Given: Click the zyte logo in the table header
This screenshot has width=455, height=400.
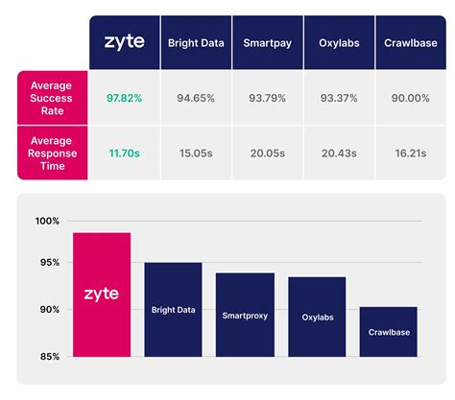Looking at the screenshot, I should pos(126,42).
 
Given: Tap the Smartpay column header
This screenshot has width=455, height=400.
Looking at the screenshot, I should pos(268,43).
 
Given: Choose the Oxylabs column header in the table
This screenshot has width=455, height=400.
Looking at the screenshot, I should pos(339,43).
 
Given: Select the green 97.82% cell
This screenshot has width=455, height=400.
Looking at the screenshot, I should pos(126,98).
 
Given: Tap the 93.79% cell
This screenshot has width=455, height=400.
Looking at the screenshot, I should pos(268,98).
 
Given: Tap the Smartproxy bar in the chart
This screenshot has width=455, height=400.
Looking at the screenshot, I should pos(245,315).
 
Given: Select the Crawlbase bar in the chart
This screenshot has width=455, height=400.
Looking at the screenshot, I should pos(389,332).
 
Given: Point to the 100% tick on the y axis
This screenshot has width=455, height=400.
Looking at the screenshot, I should pos(47,222).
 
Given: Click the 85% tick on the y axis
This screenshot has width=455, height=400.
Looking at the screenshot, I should pos(48,357).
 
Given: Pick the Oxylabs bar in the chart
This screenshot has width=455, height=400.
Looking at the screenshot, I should pos(317,317).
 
